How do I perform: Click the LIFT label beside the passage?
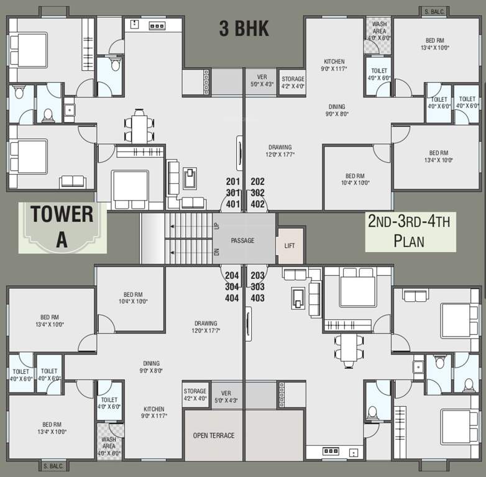click(290, 245)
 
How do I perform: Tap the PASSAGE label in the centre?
click(242, 240)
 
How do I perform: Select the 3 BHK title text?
click(244, 29)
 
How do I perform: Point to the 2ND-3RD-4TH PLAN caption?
click(410, 231)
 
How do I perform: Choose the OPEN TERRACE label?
click(214, 435)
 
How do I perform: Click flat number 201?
click(233, 181)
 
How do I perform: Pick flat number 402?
click(257, 204)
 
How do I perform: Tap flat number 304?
click(232, 287)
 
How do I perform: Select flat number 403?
click(257, 298)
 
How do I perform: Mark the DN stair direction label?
click(216, 252)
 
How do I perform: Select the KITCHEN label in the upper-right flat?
click(334, 61)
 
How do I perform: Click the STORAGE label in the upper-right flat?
click(293, 79)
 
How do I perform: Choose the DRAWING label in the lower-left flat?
click(206, 323)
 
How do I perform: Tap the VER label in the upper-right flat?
click(262, 77)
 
